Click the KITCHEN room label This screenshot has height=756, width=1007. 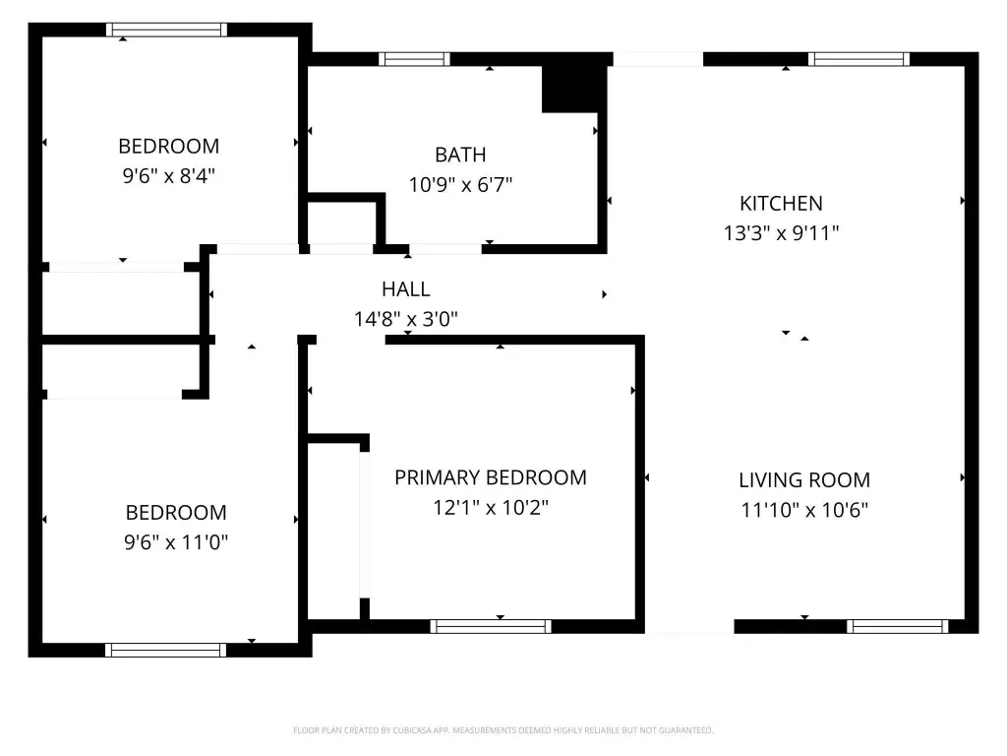coord(781,203)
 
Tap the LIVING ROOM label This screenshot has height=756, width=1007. coord(804,480)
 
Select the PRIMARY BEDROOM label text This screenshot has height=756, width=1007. coord(491,477)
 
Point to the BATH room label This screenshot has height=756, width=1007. coord(460,155)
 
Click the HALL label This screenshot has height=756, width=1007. coord(406,289)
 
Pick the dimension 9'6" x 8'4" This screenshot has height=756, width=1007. coord(169,175)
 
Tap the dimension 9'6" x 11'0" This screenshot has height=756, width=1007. coord(176,542)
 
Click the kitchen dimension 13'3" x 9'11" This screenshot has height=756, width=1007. coord(781,232)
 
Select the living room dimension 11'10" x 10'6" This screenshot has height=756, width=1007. coord(804,510)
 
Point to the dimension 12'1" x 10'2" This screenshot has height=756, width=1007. coord(491,507)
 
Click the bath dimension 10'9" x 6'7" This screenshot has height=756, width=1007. coord(460,184)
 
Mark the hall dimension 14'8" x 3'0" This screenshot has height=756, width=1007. coord(406,319)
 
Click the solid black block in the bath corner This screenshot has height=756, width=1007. coord(574,89)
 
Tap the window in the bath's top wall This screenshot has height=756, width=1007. coord(414,59)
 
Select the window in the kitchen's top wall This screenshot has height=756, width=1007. coord(859,59)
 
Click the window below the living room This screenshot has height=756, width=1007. coord(897,627)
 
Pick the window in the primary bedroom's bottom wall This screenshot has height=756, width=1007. coord(491,627)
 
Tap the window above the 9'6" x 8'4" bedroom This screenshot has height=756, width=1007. coord(166,30)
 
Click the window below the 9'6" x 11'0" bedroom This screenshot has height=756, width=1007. coord(165,650)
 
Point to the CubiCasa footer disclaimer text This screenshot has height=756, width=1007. coord(503,730)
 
